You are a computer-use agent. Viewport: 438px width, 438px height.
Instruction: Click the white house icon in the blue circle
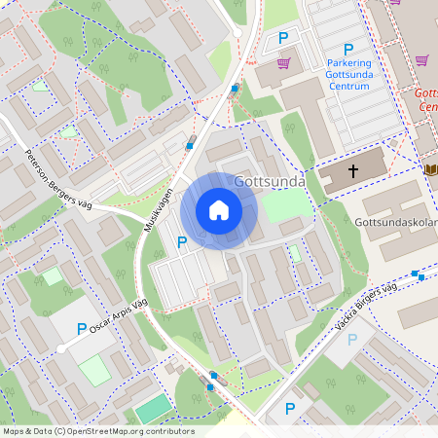[219, 209]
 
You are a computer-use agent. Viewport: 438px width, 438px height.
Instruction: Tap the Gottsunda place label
[270, 182]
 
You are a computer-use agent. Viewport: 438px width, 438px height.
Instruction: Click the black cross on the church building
[352, 170]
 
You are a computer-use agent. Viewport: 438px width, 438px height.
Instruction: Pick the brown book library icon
[430, 169]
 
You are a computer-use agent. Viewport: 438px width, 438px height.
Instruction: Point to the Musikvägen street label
[158, 206]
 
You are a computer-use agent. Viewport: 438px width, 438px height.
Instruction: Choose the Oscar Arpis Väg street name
[110, 315]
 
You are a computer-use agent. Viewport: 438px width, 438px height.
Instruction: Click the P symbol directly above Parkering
[347, 50]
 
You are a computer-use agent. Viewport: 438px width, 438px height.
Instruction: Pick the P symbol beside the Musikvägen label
[181, 241]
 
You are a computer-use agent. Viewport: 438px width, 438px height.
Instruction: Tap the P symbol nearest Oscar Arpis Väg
[82, 329]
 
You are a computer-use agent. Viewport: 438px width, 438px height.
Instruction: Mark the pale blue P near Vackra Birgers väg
[352, 339]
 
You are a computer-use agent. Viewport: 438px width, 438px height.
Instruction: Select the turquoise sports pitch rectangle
[152, 409]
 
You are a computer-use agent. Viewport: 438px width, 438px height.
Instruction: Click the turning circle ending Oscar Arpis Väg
[60, 348]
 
